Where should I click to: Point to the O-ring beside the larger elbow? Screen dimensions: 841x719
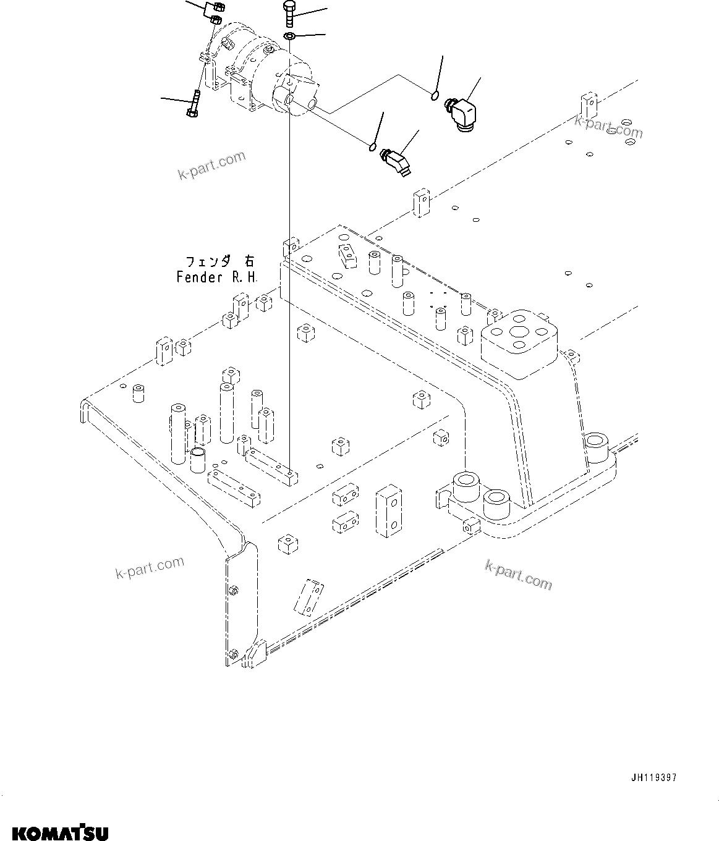[x=434, y=95]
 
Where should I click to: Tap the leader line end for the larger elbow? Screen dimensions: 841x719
[x=481, y=78]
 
